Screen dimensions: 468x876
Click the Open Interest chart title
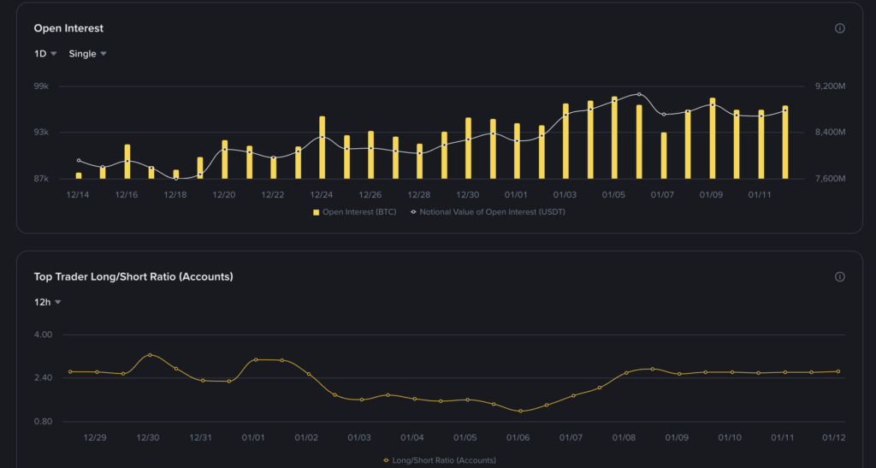point(68,28)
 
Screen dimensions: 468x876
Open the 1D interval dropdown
point(45,54)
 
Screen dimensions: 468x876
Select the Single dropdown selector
point(87,54)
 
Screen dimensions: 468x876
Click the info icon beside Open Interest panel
point(839,28)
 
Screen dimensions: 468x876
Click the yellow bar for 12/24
point(322,148)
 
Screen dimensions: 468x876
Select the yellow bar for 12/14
point(79,175)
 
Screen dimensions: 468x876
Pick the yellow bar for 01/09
point(712,139)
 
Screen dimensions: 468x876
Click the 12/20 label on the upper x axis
point(224,195)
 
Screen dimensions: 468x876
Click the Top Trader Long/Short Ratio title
point(133,276)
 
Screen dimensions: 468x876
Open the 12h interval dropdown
point(47,302)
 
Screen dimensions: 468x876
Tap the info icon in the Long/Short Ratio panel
point(839,276)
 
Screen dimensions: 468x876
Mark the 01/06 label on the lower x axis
point(518,438)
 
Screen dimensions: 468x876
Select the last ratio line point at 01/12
point(838,371)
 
